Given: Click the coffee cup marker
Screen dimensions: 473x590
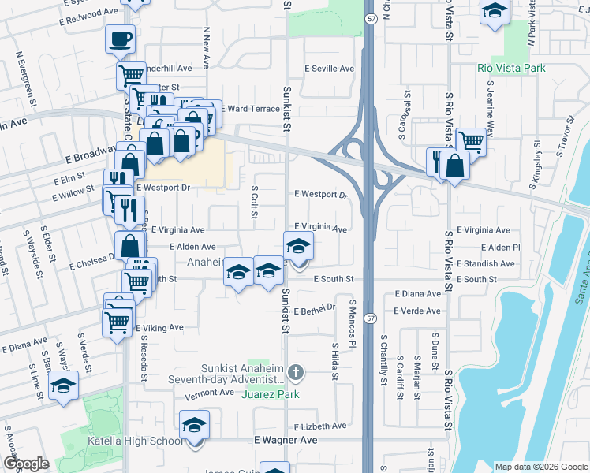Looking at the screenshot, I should [x=120, y=38].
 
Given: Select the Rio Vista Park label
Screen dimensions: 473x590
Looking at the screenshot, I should [x=511, y=68].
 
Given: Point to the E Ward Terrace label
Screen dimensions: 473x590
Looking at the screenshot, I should [x=250, y=108].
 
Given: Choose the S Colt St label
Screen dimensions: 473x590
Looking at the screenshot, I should [x=255, y=203].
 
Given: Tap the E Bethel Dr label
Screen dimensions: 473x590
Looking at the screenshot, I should [x=316, y=311].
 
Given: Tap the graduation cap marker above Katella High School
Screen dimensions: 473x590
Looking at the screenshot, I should [x=194, y=426].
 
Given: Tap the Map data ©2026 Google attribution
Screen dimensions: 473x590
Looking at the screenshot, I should [x=540, y=467].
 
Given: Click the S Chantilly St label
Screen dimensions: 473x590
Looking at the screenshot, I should [x=383, y=359].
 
